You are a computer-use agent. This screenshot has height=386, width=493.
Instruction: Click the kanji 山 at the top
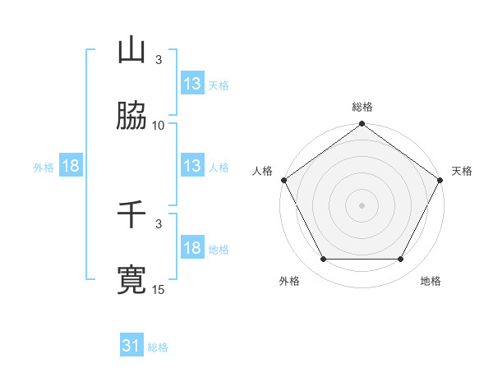click(131, 51)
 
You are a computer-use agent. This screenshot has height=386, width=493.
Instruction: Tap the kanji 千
click(131, 215)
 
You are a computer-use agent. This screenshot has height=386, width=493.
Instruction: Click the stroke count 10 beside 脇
click(159, 125)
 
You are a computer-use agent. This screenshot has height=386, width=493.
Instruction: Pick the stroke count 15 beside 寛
click(159, 289)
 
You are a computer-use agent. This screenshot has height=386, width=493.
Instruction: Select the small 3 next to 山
click(159, 59)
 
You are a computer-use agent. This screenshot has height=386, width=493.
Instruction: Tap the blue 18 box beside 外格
click(70, 166)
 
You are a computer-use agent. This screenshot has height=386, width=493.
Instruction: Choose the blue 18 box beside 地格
click(191, 248)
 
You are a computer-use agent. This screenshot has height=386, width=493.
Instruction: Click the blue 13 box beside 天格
click(191, 84)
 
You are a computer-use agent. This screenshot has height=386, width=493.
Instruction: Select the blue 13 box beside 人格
click(191, 166)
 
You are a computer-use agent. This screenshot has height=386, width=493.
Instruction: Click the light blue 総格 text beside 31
click(158, 347)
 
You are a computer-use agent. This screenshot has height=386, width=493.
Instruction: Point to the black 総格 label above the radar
click(362, 107)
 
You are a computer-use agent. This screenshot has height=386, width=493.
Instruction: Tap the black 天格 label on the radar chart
click(462, 171)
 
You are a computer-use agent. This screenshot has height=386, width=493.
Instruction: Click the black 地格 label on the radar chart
click(431, 281)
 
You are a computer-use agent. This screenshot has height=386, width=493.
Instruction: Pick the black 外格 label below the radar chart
click(289, 281)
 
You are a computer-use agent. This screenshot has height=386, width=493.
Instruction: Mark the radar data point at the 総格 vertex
click(362, 125)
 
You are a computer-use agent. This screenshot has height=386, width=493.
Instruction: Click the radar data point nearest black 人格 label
click(284, 180)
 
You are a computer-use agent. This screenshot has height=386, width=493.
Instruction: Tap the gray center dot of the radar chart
click(362, 204)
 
